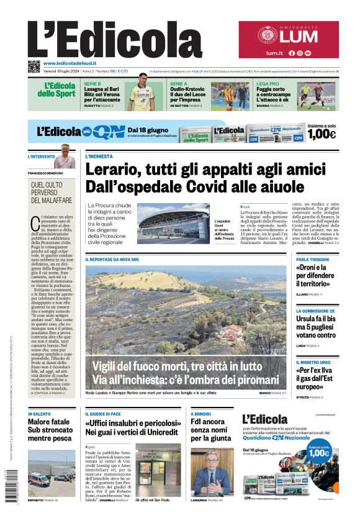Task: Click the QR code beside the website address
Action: tap(34, 66)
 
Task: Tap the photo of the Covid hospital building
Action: tap(173, 223)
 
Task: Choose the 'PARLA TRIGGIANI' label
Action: tap(312, 259)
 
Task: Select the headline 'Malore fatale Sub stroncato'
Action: tap(51, 429)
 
